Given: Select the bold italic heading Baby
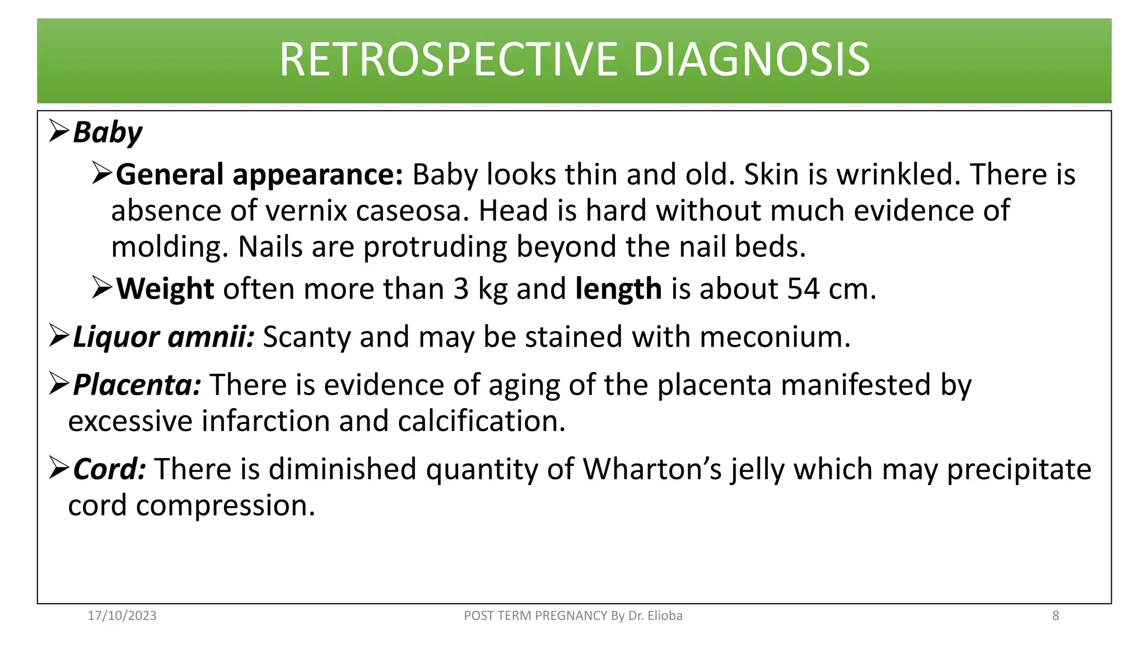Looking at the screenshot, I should pos(108,133).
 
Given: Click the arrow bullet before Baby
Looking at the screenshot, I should pos(59,131).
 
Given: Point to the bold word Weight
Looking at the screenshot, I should pos(165,289).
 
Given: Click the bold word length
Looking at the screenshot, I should pos(618,289).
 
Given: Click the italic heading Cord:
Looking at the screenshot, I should pos(110,469).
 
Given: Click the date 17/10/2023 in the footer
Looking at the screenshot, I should pos(122,616).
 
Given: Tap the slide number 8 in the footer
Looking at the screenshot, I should pos(1056,616).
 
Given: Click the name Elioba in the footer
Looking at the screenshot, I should pos(665,616).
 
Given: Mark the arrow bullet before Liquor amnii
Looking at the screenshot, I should pos(59,336).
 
